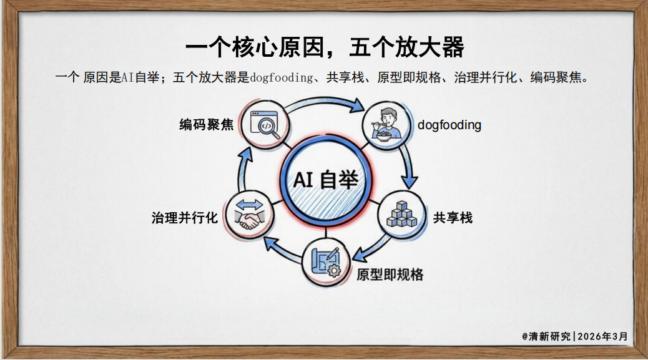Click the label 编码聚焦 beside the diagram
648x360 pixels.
(x=207, y=125)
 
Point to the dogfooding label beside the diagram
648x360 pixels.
(x=449, y=125)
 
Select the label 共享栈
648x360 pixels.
(x=453, y=218)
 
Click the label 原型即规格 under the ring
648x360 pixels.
(x=390, y=275)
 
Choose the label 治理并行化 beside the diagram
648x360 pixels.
(x=185, y=218)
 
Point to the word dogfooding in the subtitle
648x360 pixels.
(x=280, y=78)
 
